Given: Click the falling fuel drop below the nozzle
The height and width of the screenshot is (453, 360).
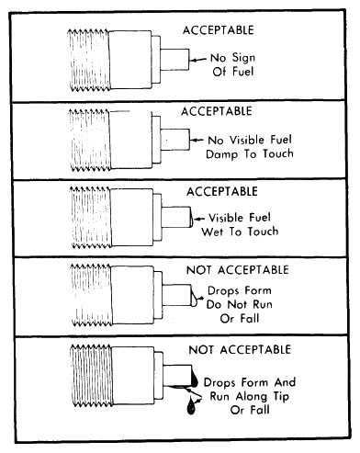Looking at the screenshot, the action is click(191, 405).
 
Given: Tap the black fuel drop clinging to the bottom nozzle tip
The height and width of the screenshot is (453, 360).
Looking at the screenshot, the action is click(195, 379).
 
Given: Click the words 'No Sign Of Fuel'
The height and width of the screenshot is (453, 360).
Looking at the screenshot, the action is click(233, 64).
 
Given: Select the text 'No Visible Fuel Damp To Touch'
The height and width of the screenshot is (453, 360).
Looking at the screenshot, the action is click(250, 147).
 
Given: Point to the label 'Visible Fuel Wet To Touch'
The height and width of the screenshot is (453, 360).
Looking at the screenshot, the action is click(240, 225).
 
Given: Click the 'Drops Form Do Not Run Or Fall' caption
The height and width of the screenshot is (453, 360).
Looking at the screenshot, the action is click(240, 304).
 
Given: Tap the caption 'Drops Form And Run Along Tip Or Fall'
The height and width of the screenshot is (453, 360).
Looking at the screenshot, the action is click(250, 396).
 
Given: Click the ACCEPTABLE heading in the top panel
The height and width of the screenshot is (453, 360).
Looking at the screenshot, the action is click(219, 30).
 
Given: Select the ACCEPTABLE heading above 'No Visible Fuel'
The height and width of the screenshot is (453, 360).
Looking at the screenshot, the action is click(217, 111).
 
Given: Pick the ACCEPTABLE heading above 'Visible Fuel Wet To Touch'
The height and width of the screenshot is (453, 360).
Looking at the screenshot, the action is click(222, 192).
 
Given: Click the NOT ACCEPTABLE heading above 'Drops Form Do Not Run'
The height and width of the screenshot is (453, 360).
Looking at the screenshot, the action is click(238, 270).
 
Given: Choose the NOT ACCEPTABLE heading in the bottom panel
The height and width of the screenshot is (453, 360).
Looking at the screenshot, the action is click(240, 349).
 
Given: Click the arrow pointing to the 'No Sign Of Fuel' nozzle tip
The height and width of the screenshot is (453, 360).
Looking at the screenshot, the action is click(198, 60).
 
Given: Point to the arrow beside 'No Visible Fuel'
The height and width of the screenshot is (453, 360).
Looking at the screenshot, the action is click(197, 140).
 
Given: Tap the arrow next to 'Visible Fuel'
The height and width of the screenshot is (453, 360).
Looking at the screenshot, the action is click(199, 219).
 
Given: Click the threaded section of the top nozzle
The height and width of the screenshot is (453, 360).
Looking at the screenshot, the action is click(88, 60).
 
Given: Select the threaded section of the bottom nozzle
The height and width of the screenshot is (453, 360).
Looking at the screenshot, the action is click(91, 376).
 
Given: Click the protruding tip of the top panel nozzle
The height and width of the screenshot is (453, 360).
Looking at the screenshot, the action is click(174, 60).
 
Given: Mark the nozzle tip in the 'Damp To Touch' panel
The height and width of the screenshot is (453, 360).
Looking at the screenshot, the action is click(175, 140).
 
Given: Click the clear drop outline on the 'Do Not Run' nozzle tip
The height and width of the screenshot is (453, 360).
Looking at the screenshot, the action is click(195, 296).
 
